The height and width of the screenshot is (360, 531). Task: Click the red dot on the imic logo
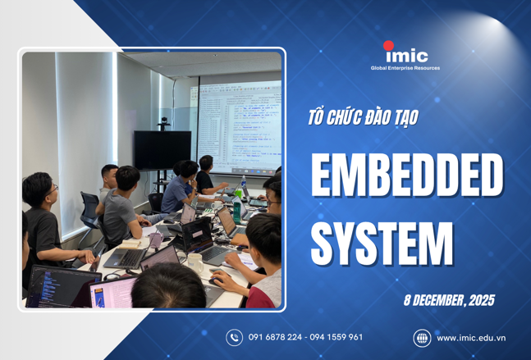pyautogui.click(x=389, y=47)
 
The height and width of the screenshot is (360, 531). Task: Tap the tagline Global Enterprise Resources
pyautogui.click(x=405, y=68)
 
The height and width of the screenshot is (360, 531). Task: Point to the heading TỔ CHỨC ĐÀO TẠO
pyautogui.click(x=362, y=117)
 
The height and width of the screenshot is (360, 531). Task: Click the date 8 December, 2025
pyautogui.click(x=448, y=300)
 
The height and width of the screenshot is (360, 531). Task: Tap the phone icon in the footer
pyautogui.click(x=234, y=337)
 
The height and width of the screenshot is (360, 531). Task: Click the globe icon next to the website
pyautogui.click(x=421, y=337)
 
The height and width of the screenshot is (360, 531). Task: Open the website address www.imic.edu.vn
pyautogui.click(x=470, y=337)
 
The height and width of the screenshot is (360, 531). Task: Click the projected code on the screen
pyautogui.click(x=238, y=123)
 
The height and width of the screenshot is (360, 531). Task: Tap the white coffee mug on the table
pyautogui.click(x=195, y=262)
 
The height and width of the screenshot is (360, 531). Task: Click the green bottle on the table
pyautogui.click(x=236, y=210)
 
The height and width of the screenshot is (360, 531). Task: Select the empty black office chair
pyautogui.click(x=89, y=210)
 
